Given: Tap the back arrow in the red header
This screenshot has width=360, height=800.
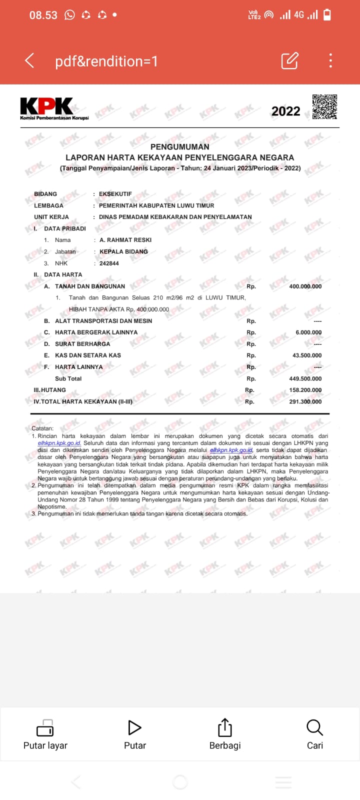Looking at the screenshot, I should click(x=29, y=61).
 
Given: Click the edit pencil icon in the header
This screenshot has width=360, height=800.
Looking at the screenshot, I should click(x=290, y=60).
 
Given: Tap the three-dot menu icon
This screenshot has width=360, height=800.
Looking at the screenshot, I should click(x=330, y=60).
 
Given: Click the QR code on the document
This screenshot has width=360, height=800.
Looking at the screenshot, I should click(x=324, y=106).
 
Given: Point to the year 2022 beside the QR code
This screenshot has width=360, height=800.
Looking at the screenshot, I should click(x=285, y=111).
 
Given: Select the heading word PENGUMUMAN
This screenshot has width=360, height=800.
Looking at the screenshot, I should click(x=179, y=146).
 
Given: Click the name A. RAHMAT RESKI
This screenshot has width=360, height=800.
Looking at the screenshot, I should click(x=125, y=240).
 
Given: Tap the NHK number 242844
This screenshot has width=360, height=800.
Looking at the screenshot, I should click(x=109, y=263).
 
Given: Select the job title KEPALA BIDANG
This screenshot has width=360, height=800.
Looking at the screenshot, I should click(x=123, y=251).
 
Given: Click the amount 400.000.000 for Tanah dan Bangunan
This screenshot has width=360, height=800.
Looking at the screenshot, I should click(x=305, y=286).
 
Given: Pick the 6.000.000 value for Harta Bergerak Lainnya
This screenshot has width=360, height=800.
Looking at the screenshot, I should click(x=308, y=332).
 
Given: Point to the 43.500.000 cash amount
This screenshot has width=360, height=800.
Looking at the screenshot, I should click(x=306, y=355).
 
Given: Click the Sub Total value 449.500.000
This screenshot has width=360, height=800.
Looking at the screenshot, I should click(x=305, y=378).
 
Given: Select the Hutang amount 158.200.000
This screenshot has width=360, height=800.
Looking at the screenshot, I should click(x=305, y=390).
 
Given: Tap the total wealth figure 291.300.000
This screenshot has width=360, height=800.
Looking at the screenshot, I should click(x=305, y=401).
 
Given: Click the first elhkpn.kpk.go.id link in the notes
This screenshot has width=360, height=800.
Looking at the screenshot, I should click(x=59, y=443).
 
